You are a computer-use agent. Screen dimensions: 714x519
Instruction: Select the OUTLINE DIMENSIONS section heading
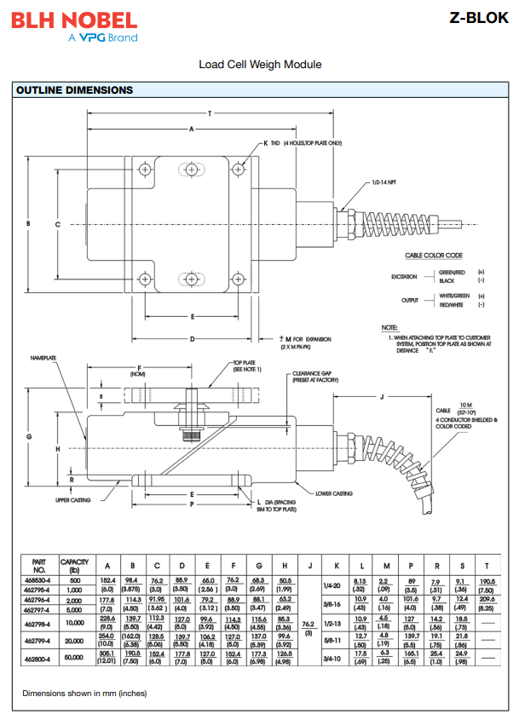tap(75, 89)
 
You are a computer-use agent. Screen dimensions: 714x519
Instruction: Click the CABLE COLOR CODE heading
tap(433, 255)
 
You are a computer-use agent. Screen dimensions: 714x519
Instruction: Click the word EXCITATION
tap(405, 276)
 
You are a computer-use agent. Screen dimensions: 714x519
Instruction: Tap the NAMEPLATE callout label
tap(44, 359)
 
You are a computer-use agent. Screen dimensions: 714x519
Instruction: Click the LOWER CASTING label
tap(334, 493)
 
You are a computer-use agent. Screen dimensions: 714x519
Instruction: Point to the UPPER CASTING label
tap(73, 500)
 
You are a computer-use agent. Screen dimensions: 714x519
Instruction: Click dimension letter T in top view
tap(209, 113)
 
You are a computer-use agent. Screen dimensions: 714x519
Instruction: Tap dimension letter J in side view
tap(382, 397)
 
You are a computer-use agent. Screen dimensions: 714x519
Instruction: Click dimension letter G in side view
tap(29, 436)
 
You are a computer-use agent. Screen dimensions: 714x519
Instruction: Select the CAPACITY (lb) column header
tap(75, 566)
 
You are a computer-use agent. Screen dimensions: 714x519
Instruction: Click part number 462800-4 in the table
tap(38, 657)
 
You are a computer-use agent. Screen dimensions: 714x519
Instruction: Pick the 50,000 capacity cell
tap(75, 657)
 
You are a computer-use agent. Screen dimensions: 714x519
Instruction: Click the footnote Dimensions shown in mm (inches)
tap(84, 692)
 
